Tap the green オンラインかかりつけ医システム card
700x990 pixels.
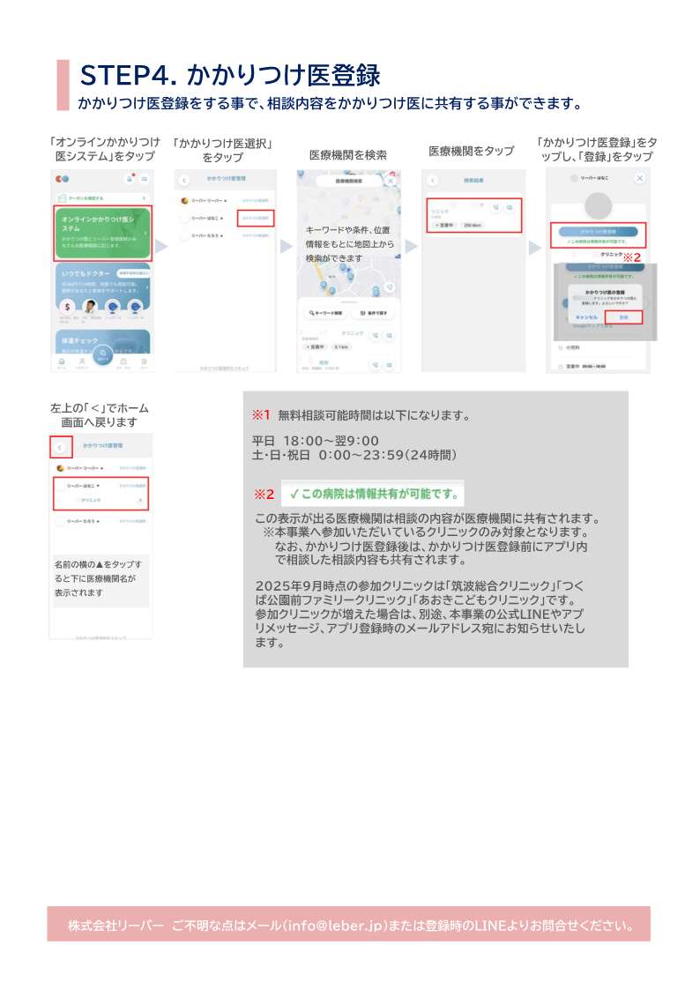[x=103, y=233]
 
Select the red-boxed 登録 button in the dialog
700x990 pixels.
[x=623, y=316]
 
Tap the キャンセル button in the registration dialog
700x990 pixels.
[x=586, y=316]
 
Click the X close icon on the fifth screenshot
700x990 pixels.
[x=640, y=178]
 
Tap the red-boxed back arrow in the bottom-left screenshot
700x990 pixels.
[x=60, y=447]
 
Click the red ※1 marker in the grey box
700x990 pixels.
[x=261, y=414]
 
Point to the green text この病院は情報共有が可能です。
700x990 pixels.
[x=374, y=493]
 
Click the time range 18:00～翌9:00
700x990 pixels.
[x=331, y=441]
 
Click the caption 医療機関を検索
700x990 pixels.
[x=347, y=154]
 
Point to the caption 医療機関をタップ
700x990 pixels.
[x=471, y=151]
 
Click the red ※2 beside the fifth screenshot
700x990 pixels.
[x=632, y=257]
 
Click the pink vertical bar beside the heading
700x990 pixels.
[x=63, y=86]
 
